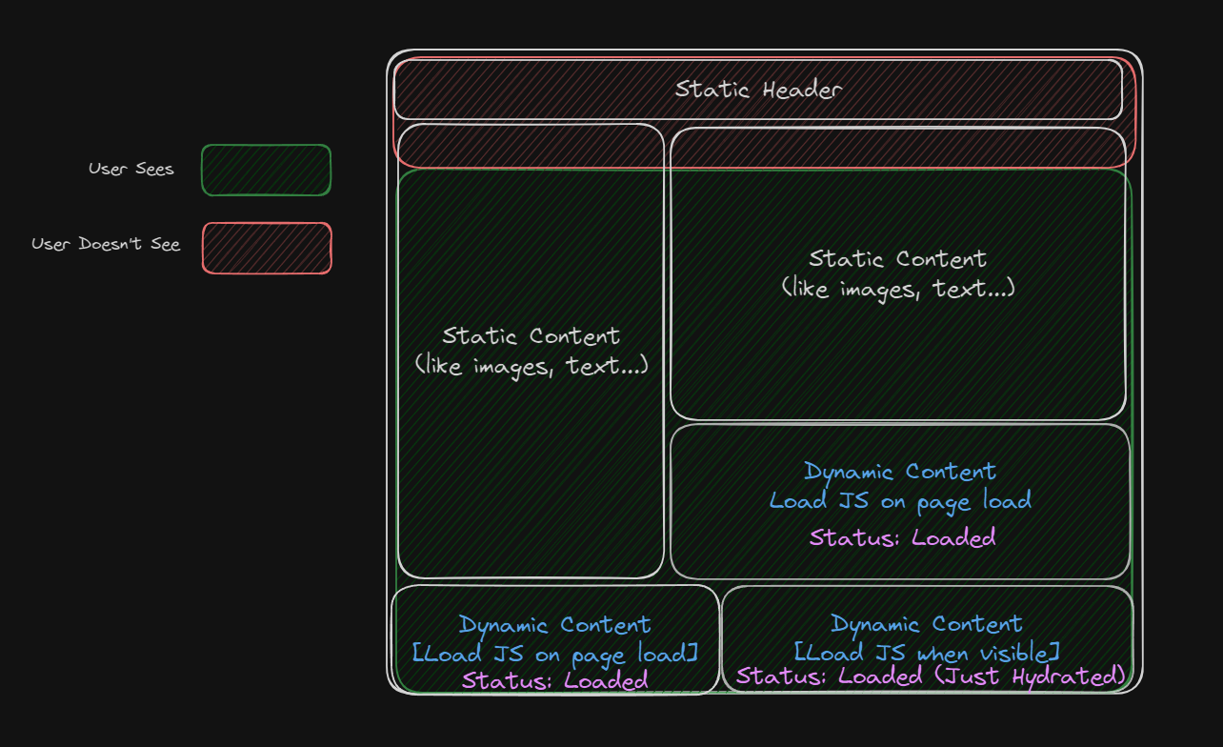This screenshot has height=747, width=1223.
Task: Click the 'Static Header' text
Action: click(758, 90)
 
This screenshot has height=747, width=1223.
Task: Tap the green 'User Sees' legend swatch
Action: click(266, 170)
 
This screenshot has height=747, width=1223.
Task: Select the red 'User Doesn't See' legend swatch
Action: click(267, 248)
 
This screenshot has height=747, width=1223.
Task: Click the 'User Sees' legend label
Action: click(131, 170)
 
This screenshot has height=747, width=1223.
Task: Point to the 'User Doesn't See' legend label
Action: click(106, 244)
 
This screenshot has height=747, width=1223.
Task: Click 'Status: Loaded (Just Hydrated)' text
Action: click(931, 676)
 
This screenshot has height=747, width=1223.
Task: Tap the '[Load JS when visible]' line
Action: click(926, 653)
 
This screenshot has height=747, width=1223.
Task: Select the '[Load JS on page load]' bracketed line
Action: click(555, 655)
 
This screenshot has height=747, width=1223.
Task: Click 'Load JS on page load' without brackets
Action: click(900, 501)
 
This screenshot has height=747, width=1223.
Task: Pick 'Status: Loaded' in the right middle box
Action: click(902, 537)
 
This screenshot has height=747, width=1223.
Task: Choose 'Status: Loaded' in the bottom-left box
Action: click(554, 680)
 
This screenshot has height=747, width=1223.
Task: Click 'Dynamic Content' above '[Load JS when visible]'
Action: click(926, 624)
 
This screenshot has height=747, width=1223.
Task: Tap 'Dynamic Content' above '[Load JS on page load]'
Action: click(554, 625)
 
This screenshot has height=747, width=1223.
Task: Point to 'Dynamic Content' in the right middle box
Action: click(900, 472)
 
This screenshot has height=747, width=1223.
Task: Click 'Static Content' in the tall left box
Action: click(531, 335)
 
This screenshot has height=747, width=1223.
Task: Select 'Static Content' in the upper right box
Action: click(897, 258)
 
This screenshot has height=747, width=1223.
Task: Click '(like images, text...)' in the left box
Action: click(531, 365)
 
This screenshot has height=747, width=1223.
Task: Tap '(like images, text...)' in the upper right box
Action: click(897, 288)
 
